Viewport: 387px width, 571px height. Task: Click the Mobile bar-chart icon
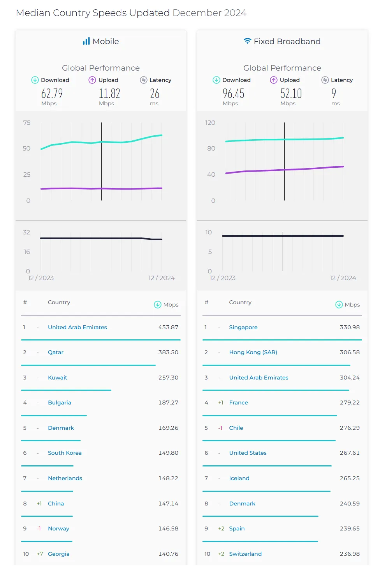coord(86,41)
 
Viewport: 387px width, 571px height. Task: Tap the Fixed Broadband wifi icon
coord(247,41)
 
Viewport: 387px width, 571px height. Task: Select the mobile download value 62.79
coord(52,94)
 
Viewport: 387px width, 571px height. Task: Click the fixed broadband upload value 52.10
coord(291,94)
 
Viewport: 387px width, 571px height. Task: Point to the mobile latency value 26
coord(155,94)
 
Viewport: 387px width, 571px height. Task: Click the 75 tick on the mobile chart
coord(26,123)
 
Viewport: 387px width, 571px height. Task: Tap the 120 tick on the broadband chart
coord(210,123)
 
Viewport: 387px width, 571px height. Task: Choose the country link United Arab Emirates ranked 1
coord(77,327)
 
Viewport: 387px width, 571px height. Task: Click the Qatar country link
coord(56,352)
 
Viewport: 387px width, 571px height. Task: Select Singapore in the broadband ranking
coord(243,327)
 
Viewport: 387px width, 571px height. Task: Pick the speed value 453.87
coord(168,327)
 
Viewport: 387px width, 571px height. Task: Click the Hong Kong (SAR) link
coord(253,352)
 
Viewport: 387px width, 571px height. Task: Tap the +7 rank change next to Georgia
coord(40,554)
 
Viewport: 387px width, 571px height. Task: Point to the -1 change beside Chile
coord(220,428)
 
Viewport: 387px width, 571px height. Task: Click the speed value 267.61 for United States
coord(349,453)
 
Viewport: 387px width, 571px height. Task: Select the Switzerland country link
coord(245,554)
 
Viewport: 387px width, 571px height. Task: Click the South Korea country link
coord(65,453)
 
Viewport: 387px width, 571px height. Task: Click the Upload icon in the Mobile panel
coord(92,80)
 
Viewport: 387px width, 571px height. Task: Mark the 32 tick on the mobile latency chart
coord(26,232)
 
